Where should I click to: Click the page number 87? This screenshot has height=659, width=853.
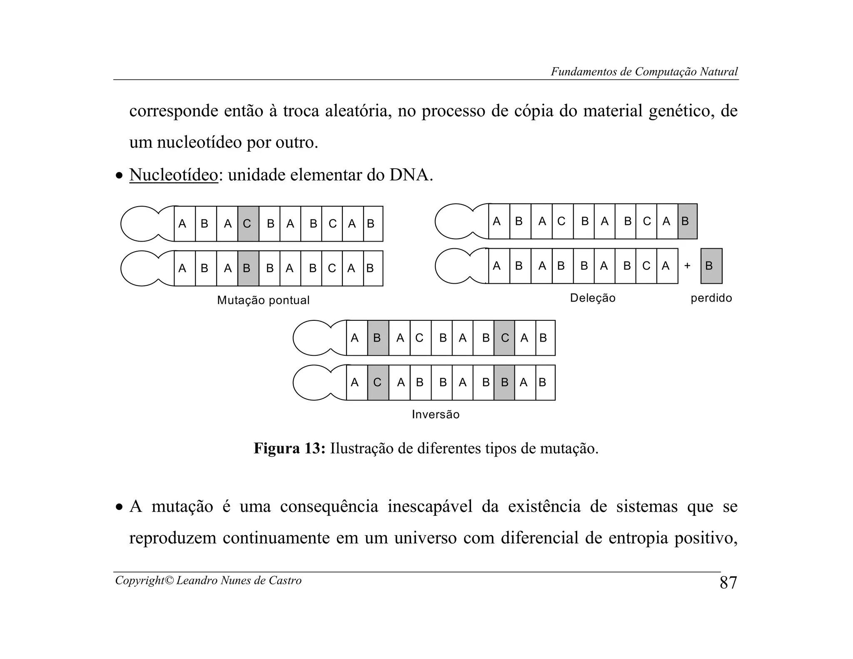coord(728,582)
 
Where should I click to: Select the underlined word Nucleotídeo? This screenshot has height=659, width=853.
coord(173,175)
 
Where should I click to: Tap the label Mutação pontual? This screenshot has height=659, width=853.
coord(263,300)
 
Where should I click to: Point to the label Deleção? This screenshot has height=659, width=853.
coord(592,298)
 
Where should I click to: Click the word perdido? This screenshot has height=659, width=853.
coord(711,298)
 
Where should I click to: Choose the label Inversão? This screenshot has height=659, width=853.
coord(436,414)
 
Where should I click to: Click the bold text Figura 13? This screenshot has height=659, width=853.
coord(289,449)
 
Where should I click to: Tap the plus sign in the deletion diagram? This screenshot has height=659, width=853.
coord(687,266)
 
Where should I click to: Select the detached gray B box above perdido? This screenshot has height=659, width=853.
coord(711,266)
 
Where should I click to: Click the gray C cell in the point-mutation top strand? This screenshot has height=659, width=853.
coord(248,224)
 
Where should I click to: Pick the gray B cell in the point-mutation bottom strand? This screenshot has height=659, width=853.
coord(248,268)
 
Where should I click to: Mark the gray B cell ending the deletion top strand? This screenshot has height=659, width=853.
coord(687,221)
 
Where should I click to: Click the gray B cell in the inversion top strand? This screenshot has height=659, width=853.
coord(378,338)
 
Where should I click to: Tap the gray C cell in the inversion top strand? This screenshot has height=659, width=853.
coord(504,338)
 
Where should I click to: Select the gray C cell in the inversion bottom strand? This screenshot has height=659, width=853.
coord(378,382)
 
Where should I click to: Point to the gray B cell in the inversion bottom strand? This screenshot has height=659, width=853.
coord(504,382)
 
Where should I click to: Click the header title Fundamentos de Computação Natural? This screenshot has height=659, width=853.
coord(644,72)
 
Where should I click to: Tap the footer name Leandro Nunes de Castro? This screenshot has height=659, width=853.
coord(239,580)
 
